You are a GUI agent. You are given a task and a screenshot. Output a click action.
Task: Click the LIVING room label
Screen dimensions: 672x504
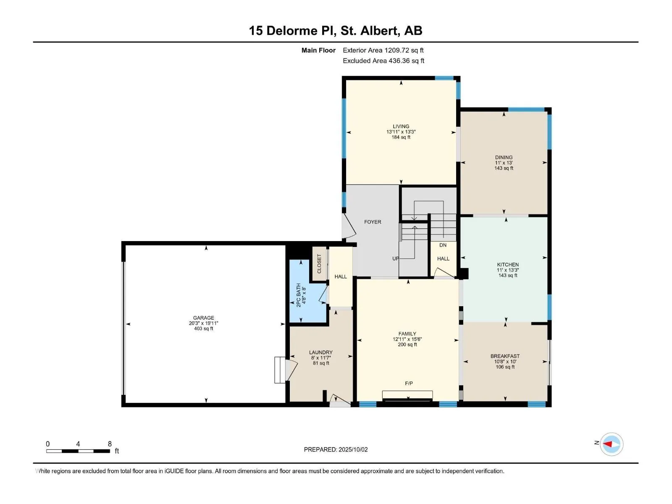401,126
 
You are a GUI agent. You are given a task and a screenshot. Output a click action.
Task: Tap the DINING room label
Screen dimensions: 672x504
504,157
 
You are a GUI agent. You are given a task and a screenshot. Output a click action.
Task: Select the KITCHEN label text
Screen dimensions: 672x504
508,265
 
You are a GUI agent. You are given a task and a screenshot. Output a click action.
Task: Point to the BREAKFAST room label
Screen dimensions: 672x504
505,356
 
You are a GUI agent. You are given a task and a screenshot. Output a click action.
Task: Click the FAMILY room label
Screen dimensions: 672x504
407,334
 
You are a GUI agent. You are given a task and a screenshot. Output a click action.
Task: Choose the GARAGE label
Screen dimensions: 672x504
204,318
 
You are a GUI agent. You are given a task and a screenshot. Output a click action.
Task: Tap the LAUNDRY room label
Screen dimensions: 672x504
320,352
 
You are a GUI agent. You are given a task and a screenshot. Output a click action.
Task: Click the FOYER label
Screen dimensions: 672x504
373,222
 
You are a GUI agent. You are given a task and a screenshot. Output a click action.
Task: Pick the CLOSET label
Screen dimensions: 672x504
319,264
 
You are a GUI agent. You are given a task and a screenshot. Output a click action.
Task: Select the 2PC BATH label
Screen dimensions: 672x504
299,295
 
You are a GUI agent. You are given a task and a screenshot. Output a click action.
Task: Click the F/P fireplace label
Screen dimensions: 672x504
409,383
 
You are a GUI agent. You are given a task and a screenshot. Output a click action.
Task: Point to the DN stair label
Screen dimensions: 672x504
443,245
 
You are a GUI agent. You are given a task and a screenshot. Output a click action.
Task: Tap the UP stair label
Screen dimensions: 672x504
396,259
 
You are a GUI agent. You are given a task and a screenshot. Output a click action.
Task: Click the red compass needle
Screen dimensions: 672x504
607,444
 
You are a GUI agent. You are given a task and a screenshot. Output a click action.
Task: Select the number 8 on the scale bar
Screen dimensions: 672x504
110,444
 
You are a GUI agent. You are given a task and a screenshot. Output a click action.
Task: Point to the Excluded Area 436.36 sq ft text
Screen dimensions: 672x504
383,61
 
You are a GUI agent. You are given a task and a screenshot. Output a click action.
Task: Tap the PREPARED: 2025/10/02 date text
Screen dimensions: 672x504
336,449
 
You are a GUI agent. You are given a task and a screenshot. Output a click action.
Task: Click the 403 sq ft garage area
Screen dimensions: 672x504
204,329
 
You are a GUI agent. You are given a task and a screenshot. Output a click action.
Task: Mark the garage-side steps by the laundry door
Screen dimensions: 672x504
280,370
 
